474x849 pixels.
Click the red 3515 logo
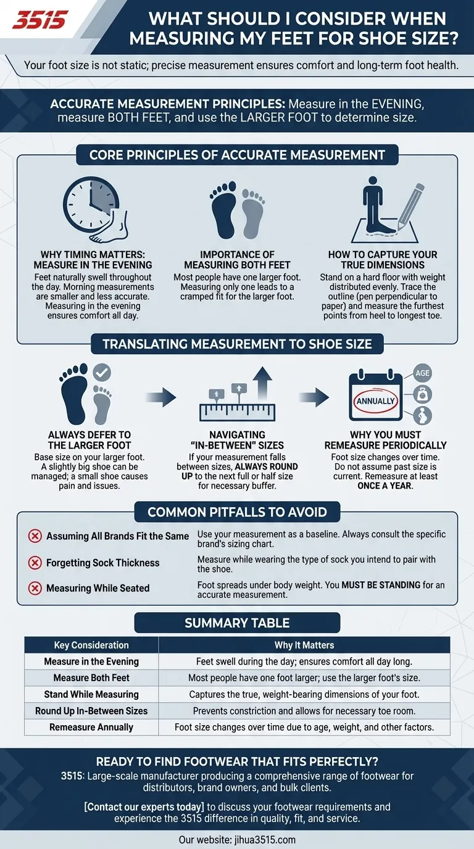click(39, 20)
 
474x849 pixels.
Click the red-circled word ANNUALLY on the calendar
click(375, 400)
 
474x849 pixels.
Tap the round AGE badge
click(422, 373)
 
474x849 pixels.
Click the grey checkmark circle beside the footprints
click(101, 372)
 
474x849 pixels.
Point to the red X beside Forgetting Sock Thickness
click(35, 563)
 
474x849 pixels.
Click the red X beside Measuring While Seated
click(35, 588)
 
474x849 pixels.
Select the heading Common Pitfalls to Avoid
click(237, 511)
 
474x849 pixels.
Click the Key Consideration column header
click(91, 645)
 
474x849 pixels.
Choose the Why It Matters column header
click(304, 645)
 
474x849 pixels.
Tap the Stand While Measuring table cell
click(91, 694)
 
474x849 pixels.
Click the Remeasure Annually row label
click(91, 727)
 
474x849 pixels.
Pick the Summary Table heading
click(237, 623)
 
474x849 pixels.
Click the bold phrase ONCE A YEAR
click(385, 486)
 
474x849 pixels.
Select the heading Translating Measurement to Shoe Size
click(237, 344)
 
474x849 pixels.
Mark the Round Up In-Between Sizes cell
click(91, 711)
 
